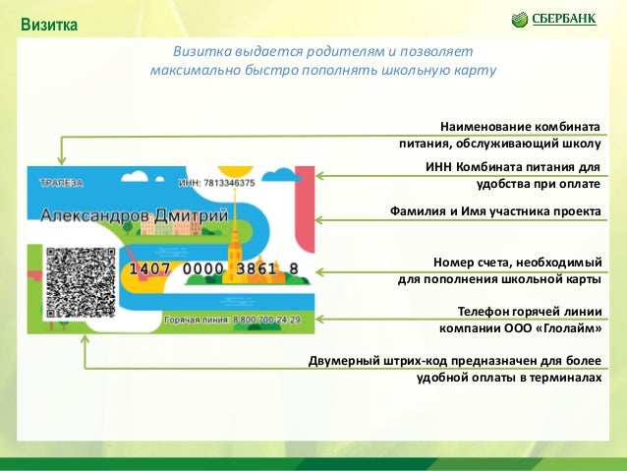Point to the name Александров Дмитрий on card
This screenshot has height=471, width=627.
tap(133, 214)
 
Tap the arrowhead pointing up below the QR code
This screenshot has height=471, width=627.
tap(85, 337)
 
